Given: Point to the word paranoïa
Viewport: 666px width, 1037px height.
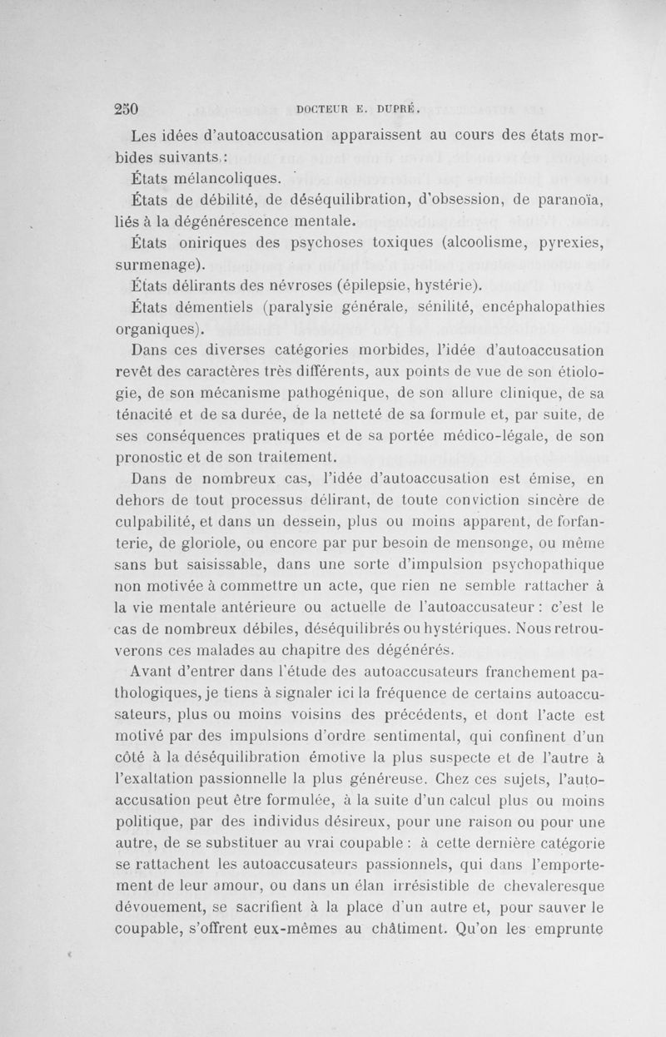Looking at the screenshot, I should coord(570,199).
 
